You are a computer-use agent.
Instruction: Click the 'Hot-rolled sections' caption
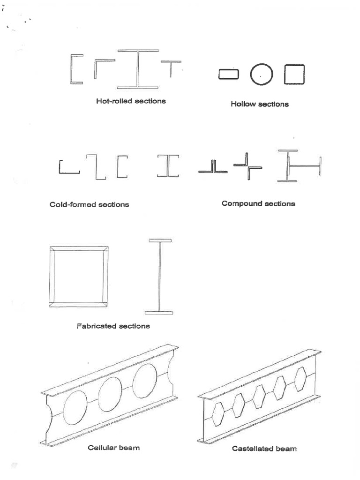pyautogui.click(x=131, y=101)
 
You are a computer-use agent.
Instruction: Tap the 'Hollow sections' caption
pyautogui.click(x=259, y=104)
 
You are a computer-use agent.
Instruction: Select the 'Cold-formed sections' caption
pyautogui.click(x=89, y=204)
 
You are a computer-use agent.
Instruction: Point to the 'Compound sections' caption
pyautogui.click(x=258, y=203)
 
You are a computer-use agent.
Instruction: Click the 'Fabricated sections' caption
pyautogui.click(x=113, y=326)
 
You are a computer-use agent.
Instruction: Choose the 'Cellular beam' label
pyautogui.click(x=113, y=448)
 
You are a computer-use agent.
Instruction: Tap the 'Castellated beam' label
pyautogui.click(x=264, y=449)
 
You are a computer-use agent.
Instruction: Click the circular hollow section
pyautogui.click(x=261, y=75)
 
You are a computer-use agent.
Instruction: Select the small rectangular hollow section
pyautogui.click(x=228, y=75)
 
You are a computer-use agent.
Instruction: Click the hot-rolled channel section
pyautogui.click(x=75, y=69)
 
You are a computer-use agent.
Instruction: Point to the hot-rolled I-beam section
pyautogui.click(x=138, y=69)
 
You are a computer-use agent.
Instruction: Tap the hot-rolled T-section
pyautogui.click(x=171, y=68)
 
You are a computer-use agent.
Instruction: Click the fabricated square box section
pyautogui.click(x=79, y=276)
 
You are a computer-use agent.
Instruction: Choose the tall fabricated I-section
pyautogui.click(x=161, y=276)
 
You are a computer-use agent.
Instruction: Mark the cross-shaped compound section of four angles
pyautogui.click(x=247, y=166)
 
